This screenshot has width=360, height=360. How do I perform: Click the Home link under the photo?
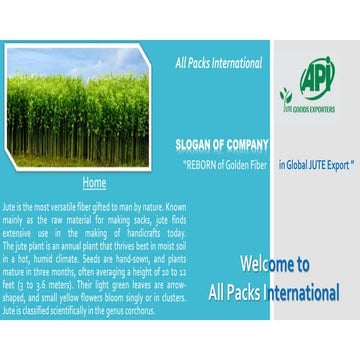(x=94, y=183)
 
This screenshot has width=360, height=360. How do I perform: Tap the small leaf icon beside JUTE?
(x=285, y=97)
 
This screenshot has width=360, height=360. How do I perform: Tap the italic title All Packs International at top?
(x=218, y=63)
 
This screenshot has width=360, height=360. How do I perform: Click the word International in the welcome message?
(x=306, y=294)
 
